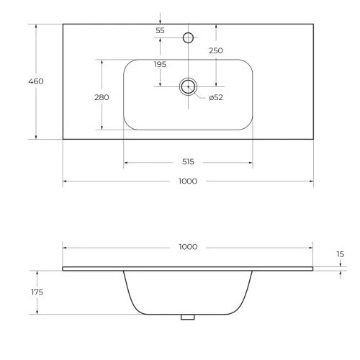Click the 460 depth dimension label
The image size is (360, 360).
(36, 81)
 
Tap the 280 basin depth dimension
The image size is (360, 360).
(102, 97)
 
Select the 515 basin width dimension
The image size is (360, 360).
(188, 162)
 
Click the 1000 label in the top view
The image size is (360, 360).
(188, 181)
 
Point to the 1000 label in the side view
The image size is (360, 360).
(188, 247)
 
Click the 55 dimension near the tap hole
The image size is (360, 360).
(160, 30)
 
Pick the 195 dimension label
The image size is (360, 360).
(160, 64)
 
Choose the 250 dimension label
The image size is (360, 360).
(216, 50)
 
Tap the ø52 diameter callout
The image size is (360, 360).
(216, 97)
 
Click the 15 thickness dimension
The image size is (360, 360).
(341, 254)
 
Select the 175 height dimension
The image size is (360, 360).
(37, 292)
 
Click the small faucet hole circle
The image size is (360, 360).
(188, 37)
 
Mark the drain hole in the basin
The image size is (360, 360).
(188, 86)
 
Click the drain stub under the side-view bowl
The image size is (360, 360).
(188, 317)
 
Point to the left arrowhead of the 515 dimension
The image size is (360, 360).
(125, 163)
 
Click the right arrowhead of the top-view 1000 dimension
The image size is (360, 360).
(311, 181)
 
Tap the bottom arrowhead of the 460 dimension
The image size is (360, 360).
(36, 137)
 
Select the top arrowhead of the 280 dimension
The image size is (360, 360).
(102, 62)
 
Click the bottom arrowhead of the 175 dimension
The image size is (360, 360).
(37, 312)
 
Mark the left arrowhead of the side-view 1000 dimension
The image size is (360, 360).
(65, 248)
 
